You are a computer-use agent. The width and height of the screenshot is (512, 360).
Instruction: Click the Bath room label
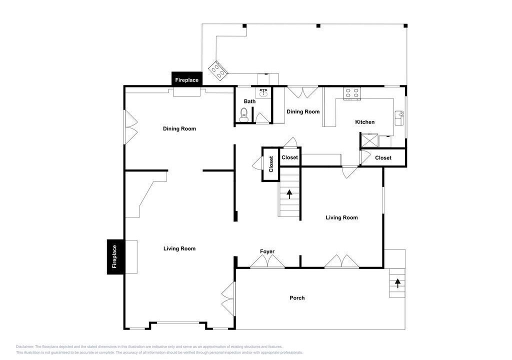coord(250,101)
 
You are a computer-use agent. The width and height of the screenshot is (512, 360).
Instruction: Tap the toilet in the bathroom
coord(244,114)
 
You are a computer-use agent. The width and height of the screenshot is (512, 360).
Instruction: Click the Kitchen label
coord(364,122)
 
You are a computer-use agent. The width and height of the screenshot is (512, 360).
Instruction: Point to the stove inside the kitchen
coord(352,92)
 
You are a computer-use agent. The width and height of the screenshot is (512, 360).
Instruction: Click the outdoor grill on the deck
coord(218,70)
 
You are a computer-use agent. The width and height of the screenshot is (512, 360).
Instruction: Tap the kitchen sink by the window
coord(399,118)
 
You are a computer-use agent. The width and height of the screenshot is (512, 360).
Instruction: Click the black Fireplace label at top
coord(187,80)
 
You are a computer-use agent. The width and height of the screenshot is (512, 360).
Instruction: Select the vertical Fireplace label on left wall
coord(114,257)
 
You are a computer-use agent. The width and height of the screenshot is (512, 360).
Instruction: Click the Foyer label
coord(267,251)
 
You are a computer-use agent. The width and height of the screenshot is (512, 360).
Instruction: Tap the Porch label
coord(297,298)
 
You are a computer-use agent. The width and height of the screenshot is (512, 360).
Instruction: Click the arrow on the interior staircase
coord(289,194)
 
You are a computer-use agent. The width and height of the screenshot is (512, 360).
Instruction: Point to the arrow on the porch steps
coord(397,283)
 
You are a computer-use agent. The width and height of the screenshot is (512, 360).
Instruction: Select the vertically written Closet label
coord(271,164)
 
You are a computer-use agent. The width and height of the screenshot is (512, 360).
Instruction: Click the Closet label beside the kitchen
coord(383,158)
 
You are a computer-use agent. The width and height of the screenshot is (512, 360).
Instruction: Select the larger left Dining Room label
coord(179,128)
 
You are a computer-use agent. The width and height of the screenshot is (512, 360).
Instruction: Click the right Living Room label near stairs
coord(341,217)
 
